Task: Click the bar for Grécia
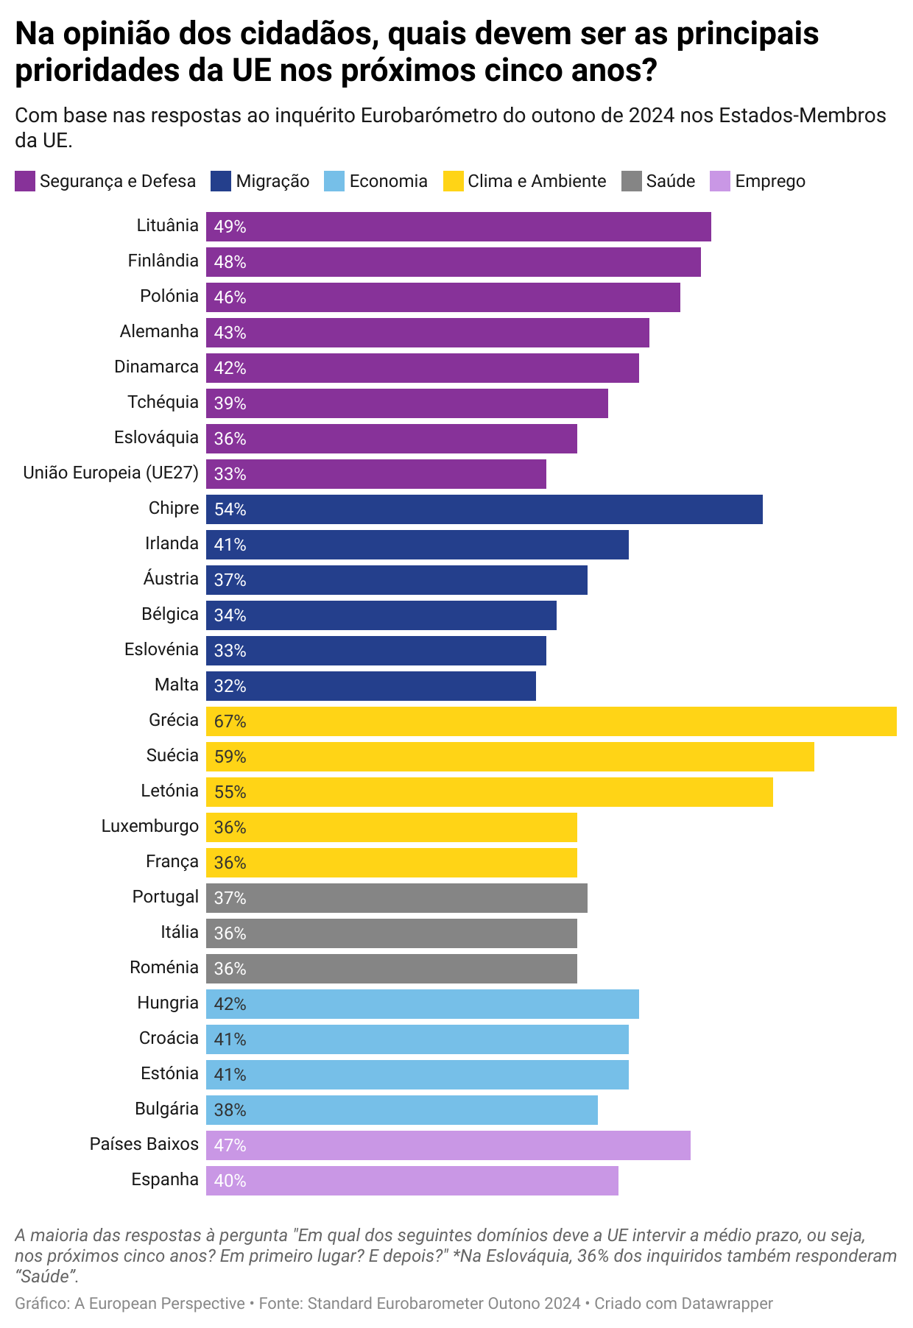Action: pyautogui.click(x=551, y=721)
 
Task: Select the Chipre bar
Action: pyautogui.click(x=484, y=509)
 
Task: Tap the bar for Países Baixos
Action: pyautogui.click(x=448, y=1145)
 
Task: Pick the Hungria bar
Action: pyautogui.click(x=422, y=1004)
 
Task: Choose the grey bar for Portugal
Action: pyautogui.click(x=396, y=898)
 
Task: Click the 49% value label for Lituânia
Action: pyautogui.click(x=230, y=227)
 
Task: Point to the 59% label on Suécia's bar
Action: pyautogui.click(x=230, y=757)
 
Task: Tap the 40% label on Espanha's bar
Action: pyautogui.click(x=230, y=1181)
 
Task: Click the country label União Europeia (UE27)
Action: pyautogui.click(x=110, y=473)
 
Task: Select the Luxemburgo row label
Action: pyautogui.click(x=149, y=826)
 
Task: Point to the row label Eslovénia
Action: pyautogui.click(x=161, y=649)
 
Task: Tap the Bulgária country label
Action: pyautogui.click(x=166, y=1109)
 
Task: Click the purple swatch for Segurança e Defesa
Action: pyautogui.click(x=25, y=181)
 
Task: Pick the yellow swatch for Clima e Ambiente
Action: pyautogui.click(x=453, y=181)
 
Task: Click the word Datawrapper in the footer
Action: pyautogui.click(x=727, y=1304)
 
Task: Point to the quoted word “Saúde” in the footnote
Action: pyautogui.click(x=46, y=1276)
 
